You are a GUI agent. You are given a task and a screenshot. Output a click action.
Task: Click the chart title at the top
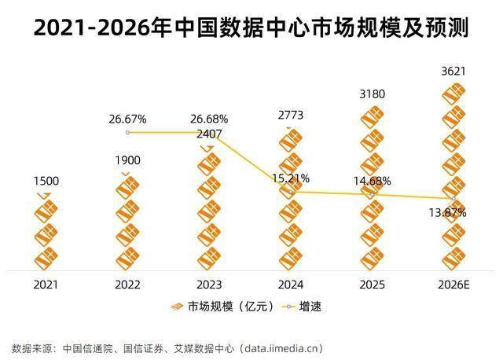[251, 28]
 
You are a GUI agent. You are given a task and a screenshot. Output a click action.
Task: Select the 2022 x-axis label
[128, 284]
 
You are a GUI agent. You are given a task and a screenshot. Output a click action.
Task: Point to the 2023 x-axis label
[210, 284]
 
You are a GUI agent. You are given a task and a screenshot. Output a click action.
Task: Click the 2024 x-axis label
[291, 284]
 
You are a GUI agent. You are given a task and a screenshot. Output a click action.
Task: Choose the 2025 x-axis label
[373, 284]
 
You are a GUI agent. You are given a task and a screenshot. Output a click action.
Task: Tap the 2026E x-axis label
[453, 284]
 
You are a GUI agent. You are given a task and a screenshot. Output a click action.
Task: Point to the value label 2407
[210, 134]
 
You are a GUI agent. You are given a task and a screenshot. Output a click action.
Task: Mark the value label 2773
[291, 116]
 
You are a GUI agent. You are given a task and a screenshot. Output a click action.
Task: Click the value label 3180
[373, 94]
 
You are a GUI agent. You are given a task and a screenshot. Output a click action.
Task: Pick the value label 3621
[453, 72]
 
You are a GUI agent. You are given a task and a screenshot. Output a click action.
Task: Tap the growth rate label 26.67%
[128, 119]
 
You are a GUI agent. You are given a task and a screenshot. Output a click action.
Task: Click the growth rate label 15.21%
[292, 178]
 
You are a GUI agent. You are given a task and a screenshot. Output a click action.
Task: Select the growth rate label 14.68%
[373, 181]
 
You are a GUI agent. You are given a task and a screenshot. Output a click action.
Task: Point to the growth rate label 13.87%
[449, 212]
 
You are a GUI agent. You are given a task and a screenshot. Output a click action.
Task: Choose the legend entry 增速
[305, 307]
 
